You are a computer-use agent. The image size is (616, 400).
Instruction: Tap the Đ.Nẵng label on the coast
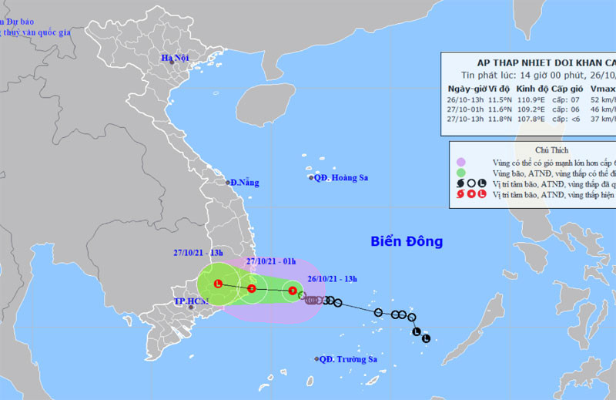pos(244,183)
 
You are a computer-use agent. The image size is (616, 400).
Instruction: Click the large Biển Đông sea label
pos(406,242)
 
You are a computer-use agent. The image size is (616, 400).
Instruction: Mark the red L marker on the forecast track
pos(218,284)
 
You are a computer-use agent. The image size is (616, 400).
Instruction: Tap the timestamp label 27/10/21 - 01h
pos(272,261)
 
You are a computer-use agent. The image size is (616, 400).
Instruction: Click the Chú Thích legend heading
pos(532,149)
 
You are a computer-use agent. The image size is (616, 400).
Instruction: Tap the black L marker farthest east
pos(426,338)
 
